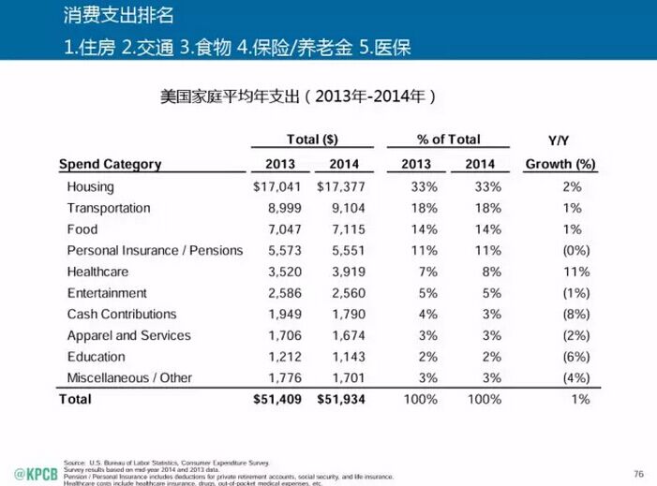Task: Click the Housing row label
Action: coord(90,186)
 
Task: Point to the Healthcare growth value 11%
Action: coord(577,272)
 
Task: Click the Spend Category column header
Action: coord(111,164)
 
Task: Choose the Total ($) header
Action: coord(312,140)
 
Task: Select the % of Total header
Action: coord(448,140)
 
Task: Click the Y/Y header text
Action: coord(560,141)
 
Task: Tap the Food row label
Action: coord(82,229)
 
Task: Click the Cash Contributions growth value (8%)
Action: coord(575,314)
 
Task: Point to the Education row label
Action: coord(97,357)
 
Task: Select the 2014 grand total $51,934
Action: coord(341,399)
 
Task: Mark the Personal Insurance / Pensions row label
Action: coord(155,250)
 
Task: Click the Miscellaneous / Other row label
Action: coord(129,377)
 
